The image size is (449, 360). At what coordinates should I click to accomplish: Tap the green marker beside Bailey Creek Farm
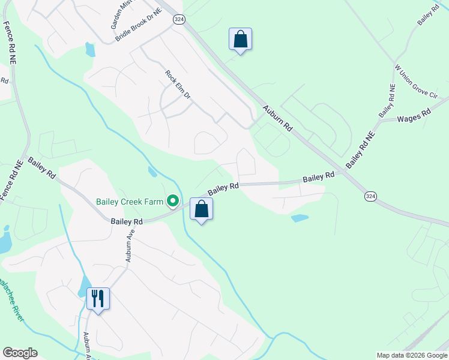pyautogui.click(x=174, y=201)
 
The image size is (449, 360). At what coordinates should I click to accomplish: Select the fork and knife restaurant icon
pyautogui.click(x=98, y=298)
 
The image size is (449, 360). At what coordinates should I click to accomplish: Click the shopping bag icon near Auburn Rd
pyautogui.click(x=240, y=39)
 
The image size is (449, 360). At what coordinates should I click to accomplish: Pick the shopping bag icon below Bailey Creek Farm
pyautogui.click(x=202, y=209)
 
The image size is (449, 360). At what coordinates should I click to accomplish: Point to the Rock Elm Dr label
pyautogui.click(x=178, y=85)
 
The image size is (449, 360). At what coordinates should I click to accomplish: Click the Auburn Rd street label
pyautogui.click(x=277, y=119)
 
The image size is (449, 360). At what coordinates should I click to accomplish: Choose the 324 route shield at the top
pyautogui.click(x=179, y=20)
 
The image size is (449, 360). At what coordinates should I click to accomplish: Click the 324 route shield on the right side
pyautogui.click(x=370, y=196)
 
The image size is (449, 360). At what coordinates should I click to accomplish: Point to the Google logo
pyautogui.click(x=20, y=353)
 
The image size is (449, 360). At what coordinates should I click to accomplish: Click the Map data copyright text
pyautogui.click(x=411, y=355)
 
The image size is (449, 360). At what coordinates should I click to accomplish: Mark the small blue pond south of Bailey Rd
pyautogui.click(x=300, y=218)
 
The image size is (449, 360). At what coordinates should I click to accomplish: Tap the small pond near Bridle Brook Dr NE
pyautogui.click(x=90, y=49)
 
